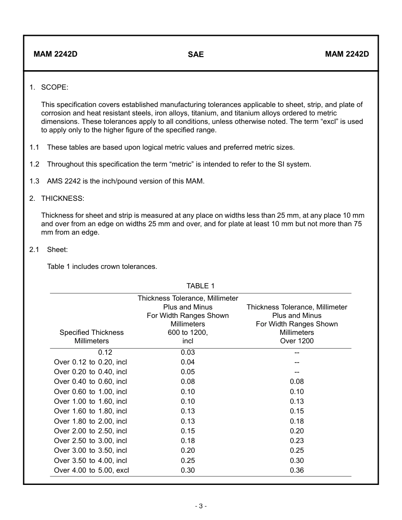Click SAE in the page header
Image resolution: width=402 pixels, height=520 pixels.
click(195, 55)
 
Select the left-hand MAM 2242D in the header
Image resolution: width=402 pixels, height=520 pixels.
click(55, 54)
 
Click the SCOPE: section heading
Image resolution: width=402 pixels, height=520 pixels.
click(55, 88)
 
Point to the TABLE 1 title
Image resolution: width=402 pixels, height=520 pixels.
click(201, 286)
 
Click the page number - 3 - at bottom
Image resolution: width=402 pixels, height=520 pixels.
click(201, 506)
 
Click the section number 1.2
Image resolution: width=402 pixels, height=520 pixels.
click(34, 164)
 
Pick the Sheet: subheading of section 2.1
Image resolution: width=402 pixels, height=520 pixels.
click(57, 249)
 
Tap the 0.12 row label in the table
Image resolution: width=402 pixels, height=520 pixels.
click(105, 352)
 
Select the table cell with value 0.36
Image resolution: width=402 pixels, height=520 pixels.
click(297, 470)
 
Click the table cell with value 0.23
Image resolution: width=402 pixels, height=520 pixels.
click(297, 441)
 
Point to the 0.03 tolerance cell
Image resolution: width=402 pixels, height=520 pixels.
click(188, 352)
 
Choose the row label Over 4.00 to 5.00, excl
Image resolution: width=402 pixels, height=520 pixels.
click(91, 470)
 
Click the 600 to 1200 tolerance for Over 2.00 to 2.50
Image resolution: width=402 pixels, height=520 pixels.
click(188, 431)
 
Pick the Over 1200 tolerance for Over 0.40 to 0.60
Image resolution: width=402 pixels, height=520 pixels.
click(297, 381)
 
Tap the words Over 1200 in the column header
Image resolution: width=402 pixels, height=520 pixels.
click(297, 341)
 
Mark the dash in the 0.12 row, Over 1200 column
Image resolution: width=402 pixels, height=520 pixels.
click(297, 352)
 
